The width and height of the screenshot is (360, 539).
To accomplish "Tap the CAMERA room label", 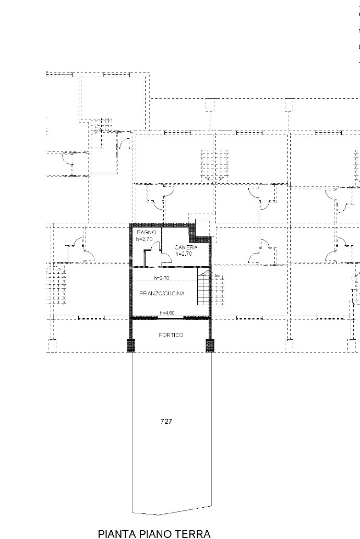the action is point(186,247).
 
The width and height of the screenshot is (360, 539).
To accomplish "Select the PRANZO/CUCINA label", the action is point(162,293).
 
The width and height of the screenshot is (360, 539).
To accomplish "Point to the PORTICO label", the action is point(171,335).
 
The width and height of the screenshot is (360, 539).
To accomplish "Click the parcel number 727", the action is point(166,422).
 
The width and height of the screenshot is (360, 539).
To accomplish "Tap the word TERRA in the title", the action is point(193,533).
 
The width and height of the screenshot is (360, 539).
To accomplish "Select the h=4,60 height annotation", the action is point(167,313).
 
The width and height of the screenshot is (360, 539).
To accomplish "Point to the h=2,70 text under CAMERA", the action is point(183,254).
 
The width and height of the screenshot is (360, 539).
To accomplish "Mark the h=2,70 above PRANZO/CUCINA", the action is point(162,278).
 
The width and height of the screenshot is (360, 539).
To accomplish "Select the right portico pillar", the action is point(209,345).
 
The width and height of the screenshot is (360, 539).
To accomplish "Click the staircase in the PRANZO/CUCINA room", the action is point(203,288).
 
